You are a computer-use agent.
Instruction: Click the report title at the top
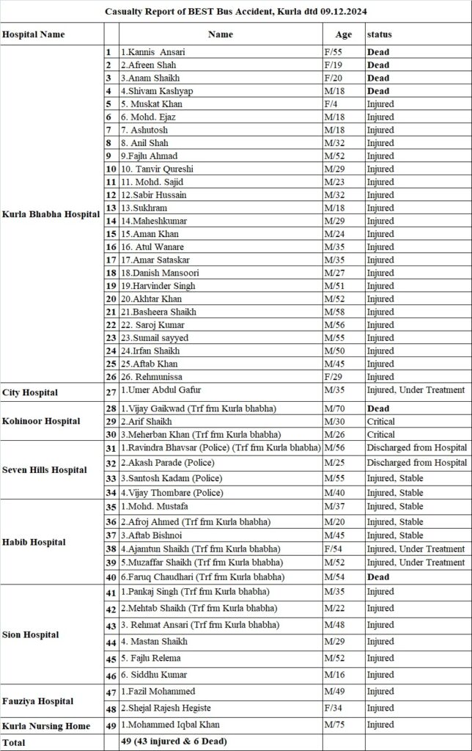point(236,12)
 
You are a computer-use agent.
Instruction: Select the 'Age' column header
point(343,34)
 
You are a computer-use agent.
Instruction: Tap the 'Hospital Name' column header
point(34,34)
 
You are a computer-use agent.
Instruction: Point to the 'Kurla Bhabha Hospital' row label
point(51,214)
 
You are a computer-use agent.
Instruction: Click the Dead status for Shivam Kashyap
point(378,91)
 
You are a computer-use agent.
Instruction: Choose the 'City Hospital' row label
point(30,393)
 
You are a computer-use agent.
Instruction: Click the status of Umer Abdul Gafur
point(416,390)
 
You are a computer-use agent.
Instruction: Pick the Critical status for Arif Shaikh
point(381,422)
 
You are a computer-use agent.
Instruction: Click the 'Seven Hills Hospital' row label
point(45,470)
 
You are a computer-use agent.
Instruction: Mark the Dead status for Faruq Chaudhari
point(378,577)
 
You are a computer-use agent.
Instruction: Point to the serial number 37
point(111,535)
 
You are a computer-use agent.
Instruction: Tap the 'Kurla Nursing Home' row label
point(47,726)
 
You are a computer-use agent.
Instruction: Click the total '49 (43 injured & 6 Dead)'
point(174,741)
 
